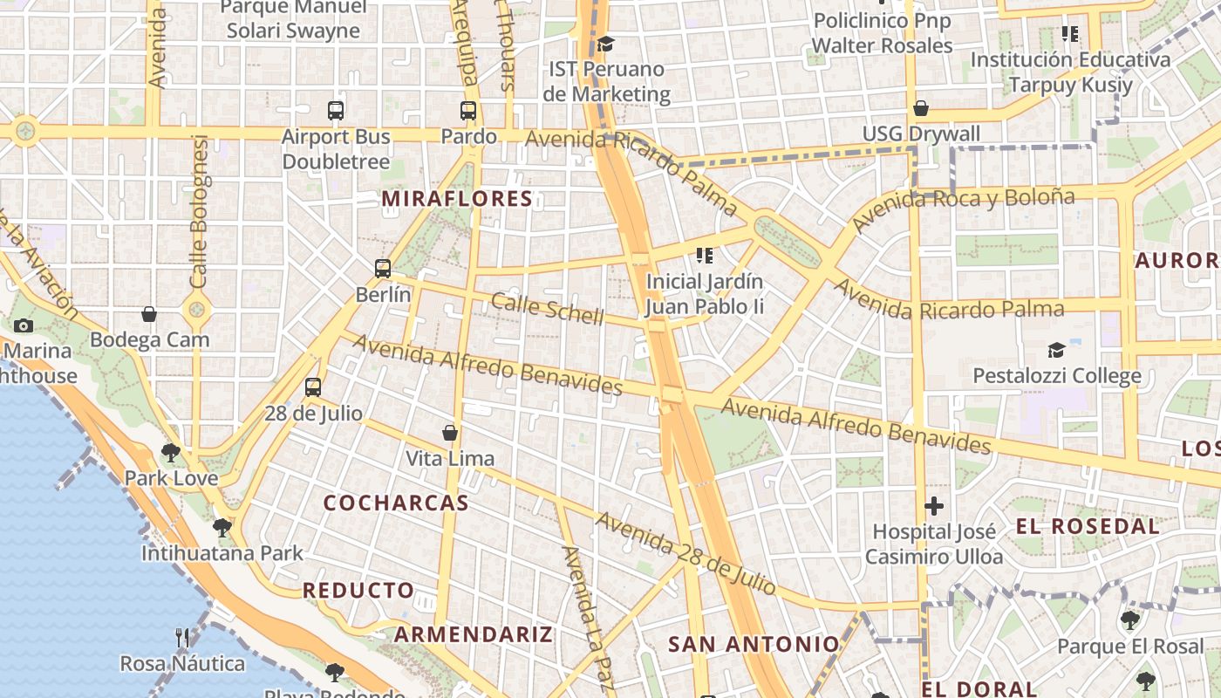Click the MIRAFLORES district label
tap(457, 199)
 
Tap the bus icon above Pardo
tap(468, 111)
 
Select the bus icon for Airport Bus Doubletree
tap(336, 111)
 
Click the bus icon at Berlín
tap(383, 269)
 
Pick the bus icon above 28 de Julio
tap(313, 387)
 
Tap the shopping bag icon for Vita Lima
tap(450, 432)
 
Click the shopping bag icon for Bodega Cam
tap(149, 314)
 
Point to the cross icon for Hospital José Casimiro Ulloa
tap(934, 506)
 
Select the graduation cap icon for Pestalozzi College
tap(1056, 351)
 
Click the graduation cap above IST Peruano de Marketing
tap(605, 44)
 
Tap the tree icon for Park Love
tap(171, 452)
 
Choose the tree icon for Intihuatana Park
tap(222, 527)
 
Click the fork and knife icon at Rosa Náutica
tap(182, 638)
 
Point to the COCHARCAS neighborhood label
tap(396, 503)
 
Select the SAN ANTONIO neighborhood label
tap(753, 645)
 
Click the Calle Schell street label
tap(547, 309)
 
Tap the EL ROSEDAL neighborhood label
tap(1088, 526)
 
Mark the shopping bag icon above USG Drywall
tap(920, 108)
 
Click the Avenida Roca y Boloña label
tap(963, 209)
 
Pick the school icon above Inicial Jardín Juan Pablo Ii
tap(705, 256)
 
